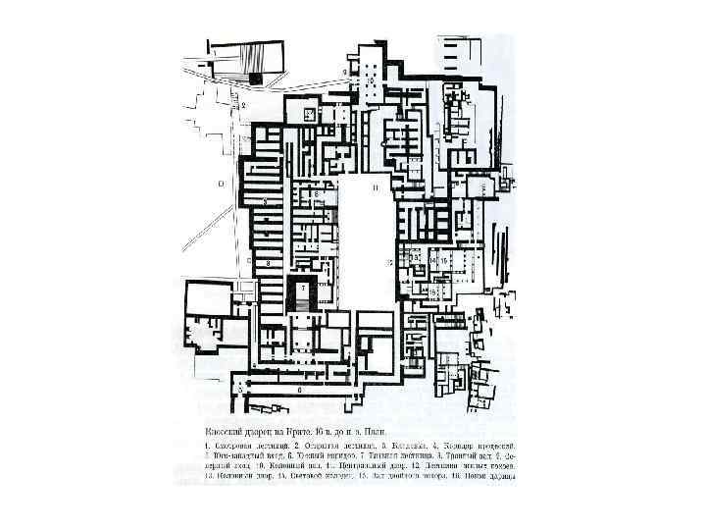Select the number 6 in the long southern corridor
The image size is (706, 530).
[x=300, y=390]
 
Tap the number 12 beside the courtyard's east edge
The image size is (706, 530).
[x=389, y=263]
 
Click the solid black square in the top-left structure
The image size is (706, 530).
[x=255, y=77]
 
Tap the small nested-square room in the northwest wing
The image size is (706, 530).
[x=307, y=115]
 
